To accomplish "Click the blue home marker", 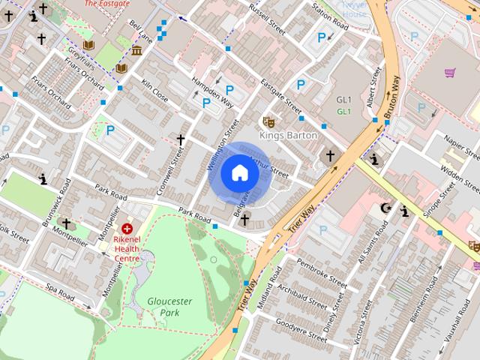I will coord(240,173).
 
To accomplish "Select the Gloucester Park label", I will coord(169,306).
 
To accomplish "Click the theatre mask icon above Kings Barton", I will coord(268,121).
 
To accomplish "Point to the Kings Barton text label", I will coord(288,136).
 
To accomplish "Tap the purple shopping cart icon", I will coord(450,73).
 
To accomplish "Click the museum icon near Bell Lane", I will coord(137,50).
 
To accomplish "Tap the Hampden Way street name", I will coord(211,88).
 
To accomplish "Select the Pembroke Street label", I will coord(322,273).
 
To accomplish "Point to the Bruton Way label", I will coord(391,96).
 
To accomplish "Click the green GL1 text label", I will coord(344,112).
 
